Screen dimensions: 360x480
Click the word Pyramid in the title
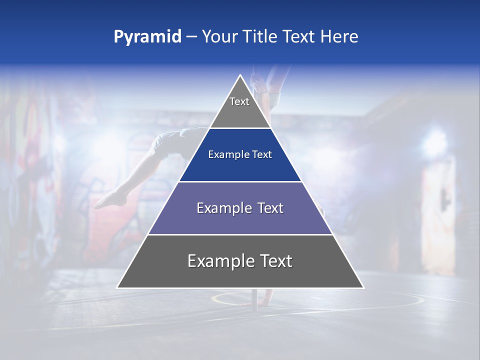coord(147,37)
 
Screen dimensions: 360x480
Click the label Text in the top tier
coord(239,101)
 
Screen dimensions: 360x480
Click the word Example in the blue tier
coord(227,155)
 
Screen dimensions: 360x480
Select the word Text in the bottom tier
coord(276,261)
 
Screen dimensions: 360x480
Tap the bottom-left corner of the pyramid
coord(118,287)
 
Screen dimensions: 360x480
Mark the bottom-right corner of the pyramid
coord(363,287)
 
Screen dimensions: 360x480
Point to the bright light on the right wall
coord(434,141)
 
